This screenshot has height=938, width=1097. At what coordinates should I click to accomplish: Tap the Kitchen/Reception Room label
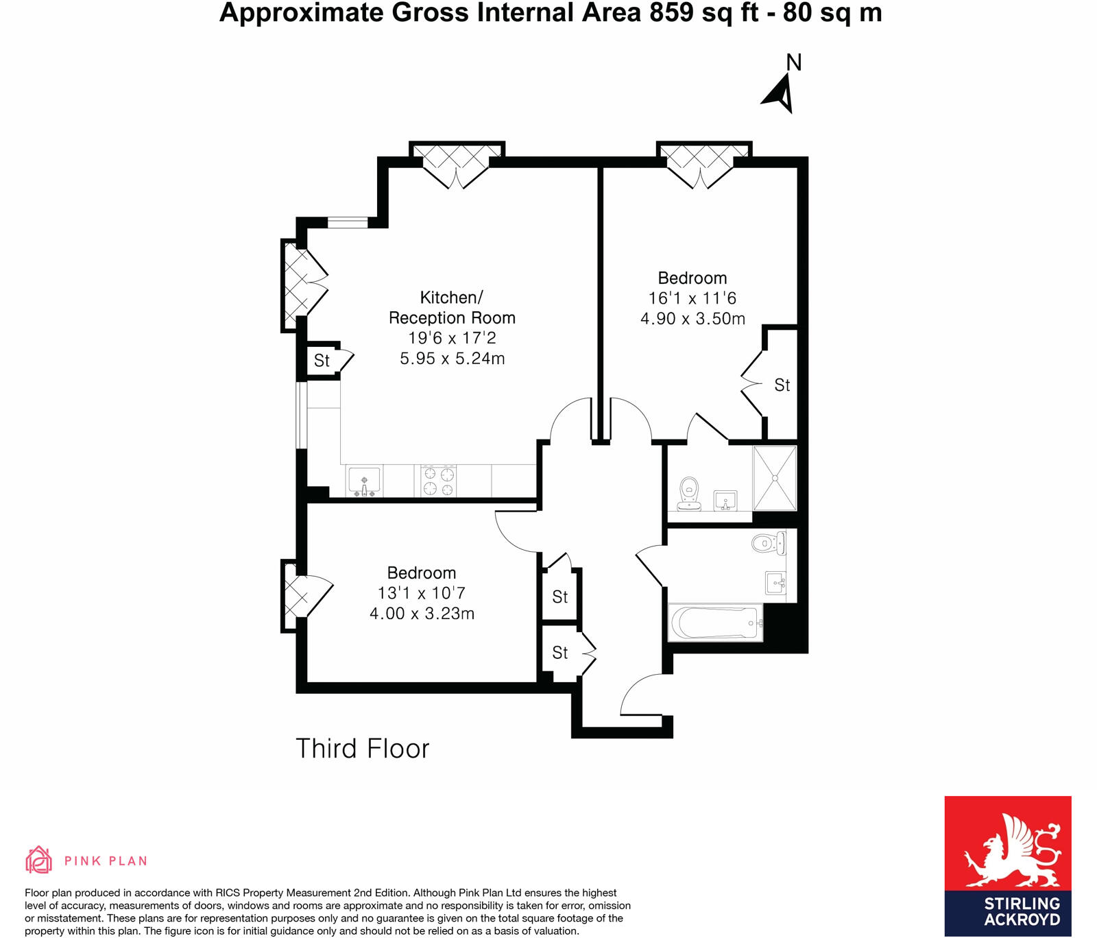(x=452, y=307)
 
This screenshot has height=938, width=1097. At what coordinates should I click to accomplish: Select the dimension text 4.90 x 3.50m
(x=692, y=318)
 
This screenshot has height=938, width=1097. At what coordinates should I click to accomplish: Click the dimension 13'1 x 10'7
(x=421, y=593)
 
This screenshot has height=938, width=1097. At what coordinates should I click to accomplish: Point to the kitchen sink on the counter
(x=363, y=481)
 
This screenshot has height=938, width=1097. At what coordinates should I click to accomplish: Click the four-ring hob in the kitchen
(x=439, y=481)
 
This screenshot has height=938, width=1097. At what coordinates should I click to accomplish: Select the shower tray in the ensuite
(x=775, y=478)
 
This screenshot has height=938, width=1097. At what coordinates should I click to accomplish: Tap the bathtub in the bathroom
(x=715, y=623)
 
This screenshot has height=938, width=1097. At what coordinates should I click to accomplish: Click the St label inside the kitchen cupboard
(x=322, y=360)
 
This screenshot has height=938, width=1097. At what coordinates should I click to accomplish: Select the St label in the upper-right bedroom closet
(x=782, y=385)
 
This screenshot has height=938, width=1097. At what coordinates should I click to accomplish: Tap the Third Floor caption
(x=362, y=749)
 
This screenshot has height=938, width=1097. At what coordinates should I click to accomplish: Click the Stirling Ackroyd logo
(x=1007, y=865)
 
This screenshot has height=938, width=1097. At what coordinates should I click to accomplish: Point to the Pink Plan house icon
(x=38, y=860)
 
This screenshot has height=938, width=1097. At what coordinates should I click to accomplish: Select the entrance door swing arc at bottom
(x=638, y=693)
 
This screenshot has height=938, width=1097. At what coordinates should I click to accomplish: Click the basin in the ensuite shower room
(x=725, y=500)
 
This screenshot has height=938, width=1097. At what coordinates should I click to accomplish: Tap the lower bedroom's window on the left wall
(x=289, y=595)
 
